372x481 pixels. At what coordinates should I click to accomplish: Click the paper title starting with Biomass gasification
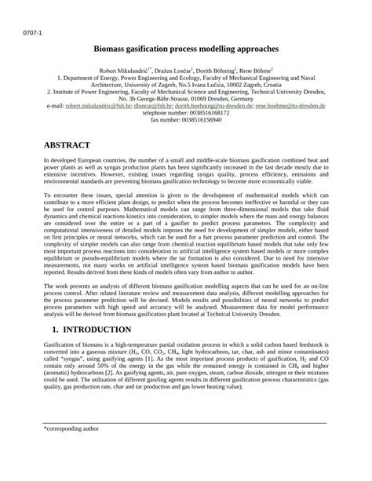point(186,49)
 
